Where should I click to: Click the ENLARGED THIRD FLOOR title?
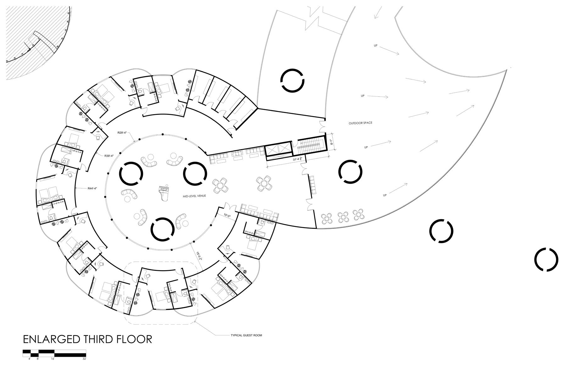[x=87, y=339]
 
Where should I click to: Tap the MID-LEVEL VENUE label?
[x=194, y=196]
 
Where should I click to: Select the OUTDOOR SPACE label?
[x=360, y=123]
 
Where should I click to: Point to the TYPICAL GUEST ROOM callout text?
[x=246, y=335]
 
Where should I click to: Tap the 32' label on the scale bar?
[x=84, y=359]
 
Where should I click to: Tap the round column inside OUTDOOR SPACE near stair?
[x=350, y=171]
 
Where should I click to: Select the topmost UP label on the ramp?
[x=375, y=46]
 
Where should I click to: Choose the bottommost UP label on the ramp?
[x=384, y=195]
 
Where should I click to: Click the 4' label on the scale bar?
[x=29, y=359]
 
